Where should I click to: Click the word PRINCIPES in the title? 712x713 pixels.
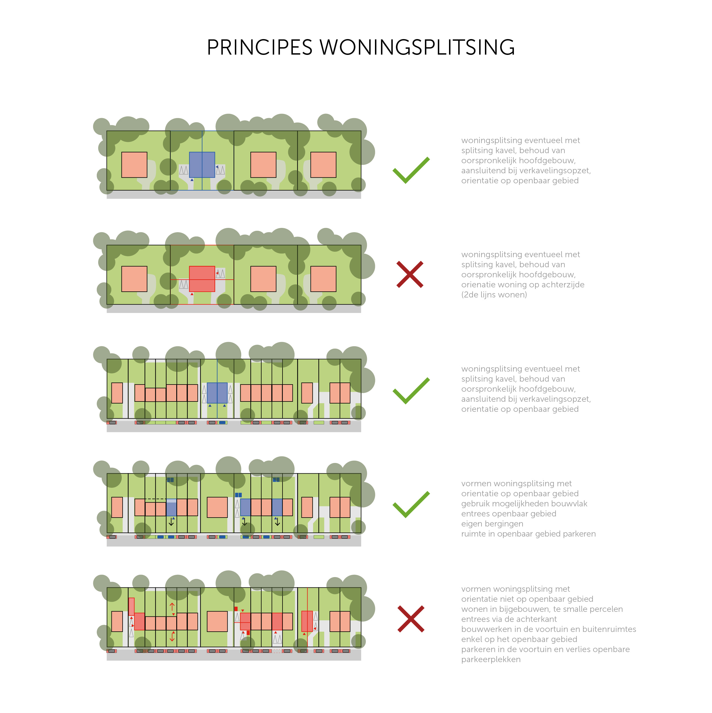click(x=260, y=48)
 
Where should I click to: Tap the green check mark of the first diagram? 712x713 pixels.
click(x=411, y=170)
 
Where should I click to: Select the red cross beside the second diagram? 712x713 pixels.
click(x=410, y=274)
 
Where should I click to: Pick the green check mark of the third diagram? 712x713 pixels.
click(x=411, y=391)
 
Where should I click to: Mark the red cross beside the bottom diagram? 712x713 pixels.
click(x=411, y=619)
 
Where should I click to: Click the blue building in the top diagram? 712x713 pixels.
click(x=202, y=165)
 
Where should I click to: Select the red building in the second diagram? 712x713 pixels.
click(x=202, y=279)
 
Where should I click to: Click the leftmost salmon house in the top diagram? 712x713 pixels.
click(x=134, y=165)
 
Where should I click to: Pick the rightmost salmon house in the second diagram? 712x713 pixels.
click(x=323, y=279)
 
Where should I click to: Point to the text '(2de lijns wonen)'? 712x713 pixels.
click(x=494, y=295)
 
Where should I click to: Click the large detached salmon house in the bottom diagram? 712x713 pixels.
click(x=217, y=622)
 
